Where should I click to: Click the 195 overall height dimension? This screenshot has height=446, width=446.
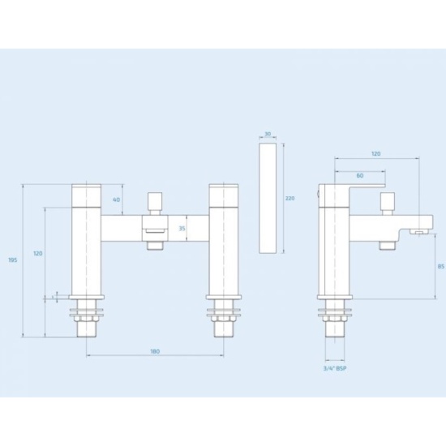pos(11,259)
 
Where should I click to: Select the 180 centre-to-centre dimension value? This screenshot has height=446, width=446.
pos(155,351)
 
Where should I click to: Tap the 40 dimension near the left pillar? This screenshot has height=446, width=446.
pos(117,199)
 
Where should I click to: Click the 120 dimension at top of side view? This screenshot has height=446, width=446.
pos(375,152)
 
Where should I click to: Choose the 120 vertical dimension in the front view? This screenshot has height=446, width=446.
pos(36,254)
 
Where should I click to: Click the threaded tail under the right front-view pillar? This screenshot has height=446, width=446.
pos(222,326)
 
